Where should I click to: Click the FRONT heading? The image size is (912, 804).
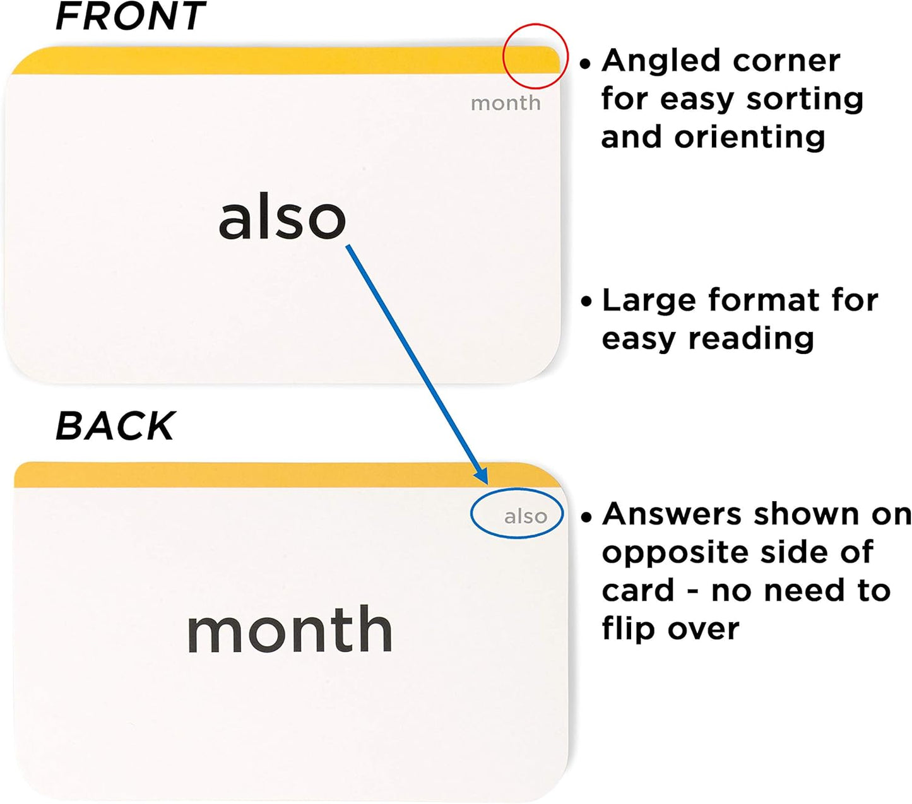point(130,16)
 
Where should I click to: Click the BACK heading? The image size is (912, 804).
point(115,425)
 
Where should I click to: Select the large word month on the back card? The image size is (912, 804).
point(290,629)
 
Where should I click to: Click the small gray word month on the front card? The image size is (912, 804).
point(506,103)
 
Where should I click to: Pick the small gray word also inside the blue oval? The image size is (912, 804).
point(525,516)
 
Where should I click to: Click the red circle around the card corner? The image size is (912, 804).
point(535,25)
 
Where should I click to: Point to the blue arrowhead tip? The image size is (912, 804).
point(487,485)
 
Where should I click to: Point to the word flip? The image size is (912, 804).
point(628,629)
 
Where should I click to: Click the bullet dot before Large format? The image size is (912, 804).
point(586,301)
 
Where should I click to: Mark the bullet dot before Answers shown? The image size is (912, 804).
point(586,517)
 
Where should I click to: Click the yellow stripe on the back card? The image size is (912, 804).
point(288,475)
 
